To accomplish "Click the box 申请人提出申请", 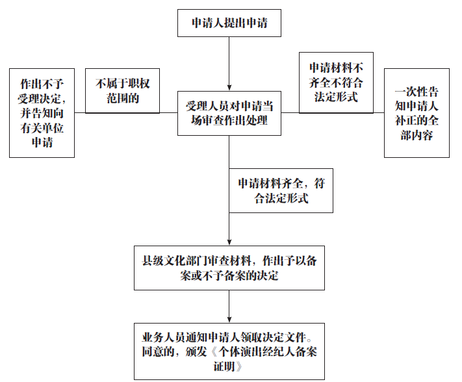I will coord(229,24).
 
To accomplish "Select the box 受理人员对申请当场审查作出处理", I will coord(229,113).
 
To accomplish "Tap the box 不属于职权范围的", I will coord(122,91).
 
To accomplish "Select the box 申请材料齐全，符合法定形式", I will coord(281,190).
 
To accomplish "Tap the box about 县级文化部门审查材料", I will coord(229,268).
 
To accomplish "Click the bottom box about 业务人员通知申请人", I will coord(229,351).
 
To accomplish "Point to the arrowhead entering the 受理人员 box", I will coord(229,87).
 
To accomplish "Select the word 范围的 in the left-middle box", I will coord(122,99).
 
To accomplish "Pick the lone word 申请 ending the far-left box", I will coord(42,142).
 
